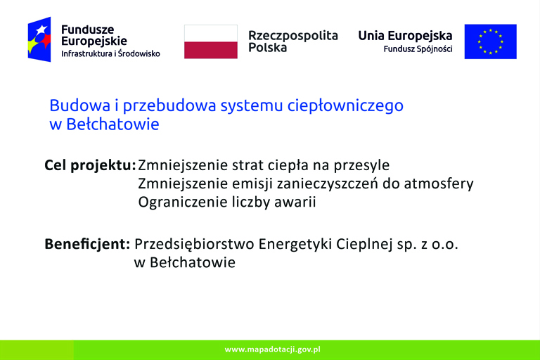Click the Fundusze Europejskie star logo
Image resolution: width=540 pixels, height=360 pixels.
(x=39, y=39)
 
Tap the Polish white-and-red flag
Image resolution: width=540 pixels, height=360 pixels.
(x=211, y=41)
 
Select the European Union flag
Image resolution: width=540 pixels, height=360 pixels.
(x=490, y=41)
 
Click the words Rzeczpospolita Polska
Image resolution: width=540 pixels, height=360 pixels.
(x=293, y=41)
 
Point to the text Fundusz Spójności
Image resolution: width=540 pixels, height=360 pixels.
(x=418, y=49)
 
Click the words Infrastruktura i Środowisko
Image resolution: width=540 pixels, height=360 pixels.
(x=110, y=53)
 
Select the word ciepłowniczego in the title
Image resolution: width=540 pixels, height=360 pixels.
(x=345, y=106)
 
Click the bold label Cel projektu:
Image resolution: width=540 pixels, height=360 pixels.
(x=90, y=166)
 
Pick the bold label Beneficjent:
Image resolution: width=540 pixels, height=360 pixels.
(x=87, y=244)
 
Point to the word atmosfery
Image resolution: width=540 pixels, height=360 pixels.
(x=439, y=184)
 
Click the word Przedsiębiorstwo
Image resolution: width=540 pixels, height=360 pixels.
(x=194, y=245)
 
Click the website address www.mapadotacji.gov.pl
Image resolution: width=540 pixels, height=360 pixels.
(x=272, y=349)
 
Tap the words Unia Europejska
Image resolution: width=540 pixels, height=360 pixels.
(x=405, y=36)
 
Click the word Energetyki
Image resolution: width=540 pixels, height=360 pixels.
(x=295, y=245)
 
